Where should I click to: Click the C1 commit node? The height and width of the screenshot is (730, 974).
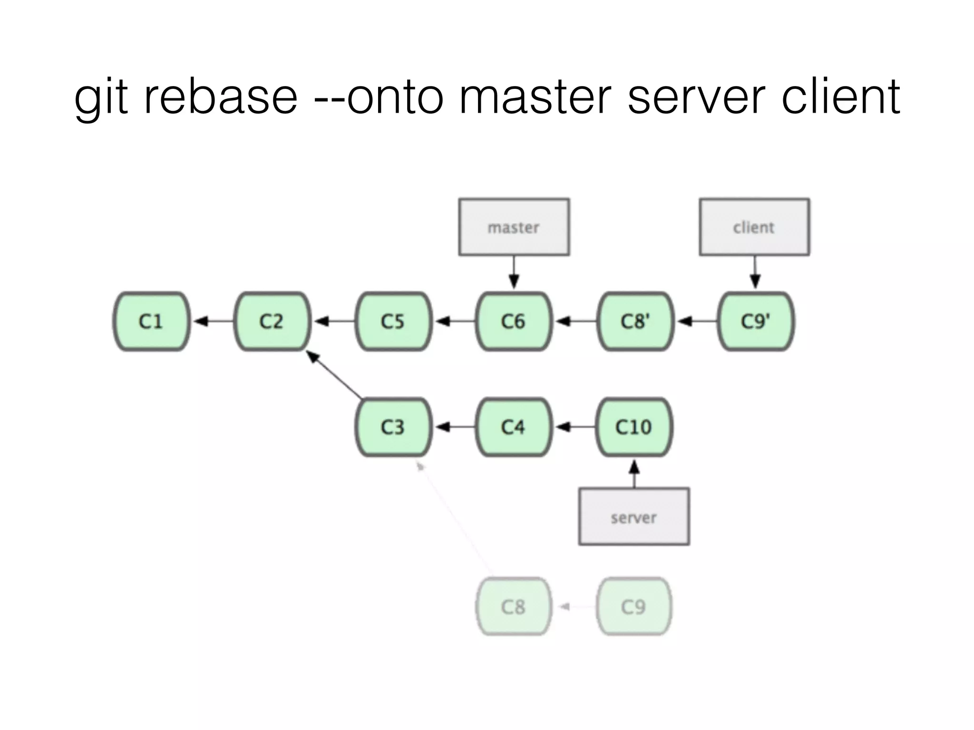(x=151, y=322)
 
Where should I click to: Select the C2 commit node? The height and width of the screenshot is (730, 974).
(x=272, y=322)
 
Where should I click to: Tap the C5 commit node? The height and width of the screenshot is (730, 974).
(x=393, y=322)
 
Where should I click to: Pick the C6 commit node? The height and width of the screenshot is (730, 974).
(x=514, y=322)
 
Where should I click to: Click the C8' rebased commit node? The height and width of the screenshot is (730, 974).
(x=635, y=322)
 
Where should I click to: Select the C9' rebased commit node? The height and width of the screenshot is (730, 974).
(x=755, y=322)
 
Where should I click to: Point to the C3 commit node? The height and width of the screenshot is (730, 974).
(x=393, y=427)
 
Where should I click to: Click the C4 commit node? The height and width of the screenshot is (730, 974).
(x=514, y=427)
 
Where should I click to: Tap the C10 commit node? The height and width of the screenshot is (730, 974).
(x=634, y=427)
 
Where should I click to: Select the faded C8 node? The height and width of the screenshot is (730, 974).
(x=514, y=607)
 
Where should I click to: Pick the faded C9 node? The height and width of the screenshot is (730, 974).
(x=634, y=607)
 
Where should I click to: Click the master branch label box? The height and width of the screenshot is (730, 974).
(x=514, y=227)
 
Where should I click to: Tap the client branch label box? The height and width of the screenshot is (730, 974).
(x=754, y=227)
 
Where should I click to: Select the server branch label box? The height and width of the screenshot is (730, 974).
(x=634, y=517)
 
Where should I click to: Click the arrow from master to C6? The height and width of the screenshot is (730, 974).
(x=514, y=273)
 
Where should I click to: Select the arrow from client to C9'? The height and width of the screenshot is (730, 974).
(x=755, y=273)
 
